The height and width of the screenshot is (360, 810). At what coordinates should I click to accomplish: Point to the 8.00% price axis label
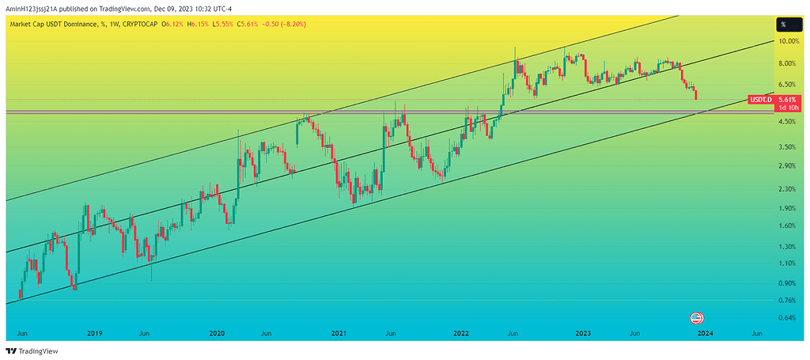(x=786, y=63)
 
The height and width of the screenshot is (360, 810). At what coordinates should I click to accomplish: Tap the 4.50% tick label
(x=786, y=122)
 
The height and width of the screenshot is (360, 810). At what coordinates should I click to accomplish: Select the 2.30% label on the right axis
(x=786, y=189)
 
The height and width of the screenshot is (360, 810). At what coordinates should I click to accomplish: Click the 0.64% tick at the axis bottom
(x=786, y=318)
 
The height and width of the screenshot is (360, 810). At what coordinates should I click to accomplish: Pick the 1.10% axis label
(x=786, y=263)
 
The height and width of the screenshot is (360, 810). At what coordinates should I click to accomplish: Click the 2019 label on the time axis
(x=94, y=334)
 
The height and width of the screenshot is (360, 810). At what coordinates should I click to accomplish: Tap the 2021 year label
(x=339, y=334)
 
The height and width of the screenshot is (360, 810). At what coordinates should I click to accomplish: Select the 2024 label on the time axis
(x=705, y=334)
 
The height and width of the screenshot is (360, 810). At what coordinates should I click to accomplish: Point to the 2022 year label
(x=461, y=334)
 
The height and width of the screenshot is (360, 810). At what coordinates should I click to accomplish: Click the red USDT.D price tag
(x=759, y=100)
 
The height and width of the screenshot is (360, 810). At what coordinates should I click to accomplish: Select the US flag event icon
(x=697, y=318)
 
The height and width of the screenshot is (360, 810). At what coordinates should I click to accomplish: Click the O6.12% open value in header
(x=172, y=25)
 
